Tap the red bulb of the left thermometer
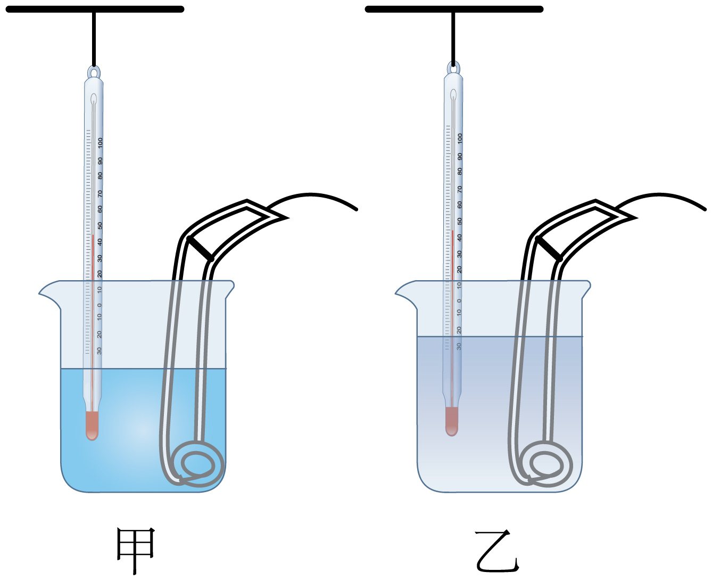click(92, 425)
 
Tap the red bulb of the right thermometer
click(452, 421)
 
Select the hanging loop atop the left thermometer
click(94, 72)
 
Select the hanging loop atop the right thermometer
click(453, 68)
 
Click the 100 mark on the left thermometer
click(100, 143)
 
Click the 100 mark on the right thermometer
click(460, 139)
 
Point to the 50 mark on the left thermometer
click(100, 226)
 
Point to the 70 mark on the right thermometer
click(460, 189)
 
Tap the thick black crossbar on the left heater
click(200, 249)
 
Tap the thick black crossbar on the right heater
click(549, 249)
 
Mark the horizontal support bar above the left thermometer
click(95, 10)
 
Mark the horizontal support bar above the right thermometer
click(454, 10)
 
